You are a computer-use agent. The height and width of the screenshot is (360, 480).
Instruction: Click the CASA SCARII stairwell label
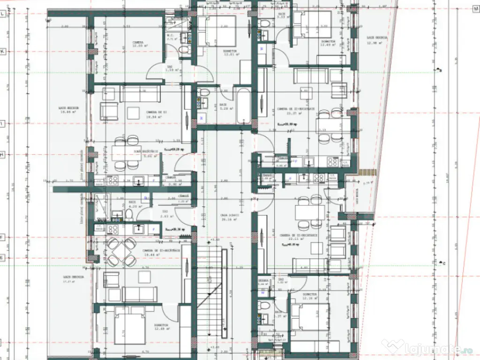[230, 217]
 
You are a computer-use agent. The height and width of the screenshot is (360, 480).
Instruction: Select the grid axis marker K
[3, 52]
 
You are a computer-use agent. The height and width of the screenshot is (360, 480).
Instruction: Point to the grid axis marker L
[3, 14]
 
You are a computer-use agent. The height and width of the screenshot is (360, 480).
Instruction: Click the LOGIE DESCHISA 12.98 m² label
[375, 39]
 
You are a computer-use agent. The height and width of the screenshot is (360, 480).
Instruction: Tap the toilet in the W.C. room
[184, 49]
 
